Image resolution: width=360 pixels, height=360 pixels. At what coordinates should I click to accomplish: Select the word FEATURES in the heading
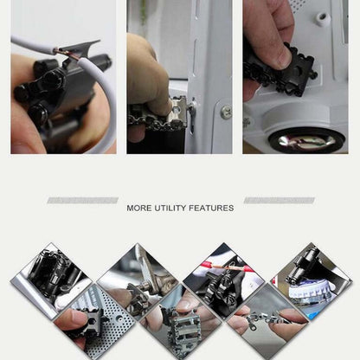[x=213, y=208]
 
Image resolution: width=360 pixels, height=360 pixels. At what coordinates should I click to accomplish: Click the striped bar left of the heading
[x=82, y=200]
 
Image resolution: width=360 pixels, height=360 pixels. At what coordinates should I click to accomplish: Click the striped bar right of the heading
[x=279, y=200]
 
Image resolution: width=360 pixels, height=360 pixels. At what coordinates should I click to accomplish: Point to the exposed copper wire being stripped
[x=65, y=55]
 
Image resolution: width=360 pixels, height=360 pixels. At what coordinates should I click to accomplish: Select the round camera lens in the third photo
[x=305, y=138]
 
